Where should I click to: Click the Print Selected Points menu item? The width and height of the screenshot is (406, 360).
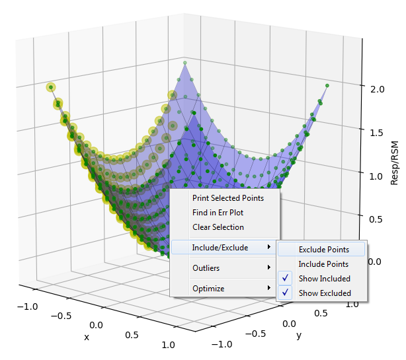tap(227, 198)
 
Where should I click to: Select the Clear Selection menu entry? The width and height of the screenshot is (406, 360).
tap(218, 227)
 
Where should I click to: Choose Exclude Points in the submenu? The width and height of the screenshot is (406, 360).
tap(323, 250)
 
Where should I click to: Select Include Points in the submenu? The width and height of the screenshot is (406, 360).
tap(323, 264)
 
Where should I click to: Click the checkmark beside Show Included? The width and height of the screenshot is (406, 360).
tap(286, 279)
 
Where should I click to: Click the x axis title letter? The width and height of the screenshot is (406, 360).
tap(86, 337)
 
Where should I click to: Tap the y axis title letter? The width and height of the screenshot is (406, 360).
tap(298, 336)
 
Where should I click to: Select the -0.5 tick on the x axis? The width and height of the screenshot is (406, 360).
tap(65, 316)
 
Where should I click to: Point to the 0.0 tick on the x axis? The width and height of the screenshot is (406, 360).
tap(96, 325)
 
